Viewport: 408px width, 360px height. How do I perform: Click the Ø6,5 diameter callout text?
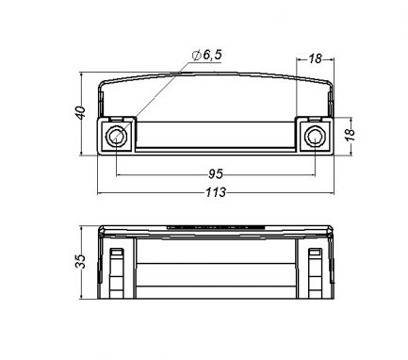click(x=207, y=55)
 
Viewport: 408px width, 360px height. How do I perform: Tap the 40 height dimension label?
click(x=81, y=113)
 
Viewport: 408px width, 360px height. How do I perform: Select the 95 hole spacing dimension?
click(x=216, y=173)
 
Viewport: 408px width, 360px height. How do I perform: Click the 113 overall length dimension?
click(x=216, y=192)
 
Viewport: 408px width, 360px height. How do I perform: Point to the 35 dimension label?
click(x=80, y=261)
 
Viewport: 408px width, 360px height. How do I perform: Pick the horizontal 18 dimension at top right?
click(x=315, y=58)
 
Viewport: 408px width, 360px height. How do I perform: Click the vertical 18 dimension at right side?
click(x=350, y=135)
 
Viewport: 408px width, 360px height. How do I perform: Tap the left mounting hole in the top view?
click(x=116, y=137)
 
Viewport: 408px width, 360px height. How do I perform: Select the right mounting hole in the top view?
click(x=315, y=137)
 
